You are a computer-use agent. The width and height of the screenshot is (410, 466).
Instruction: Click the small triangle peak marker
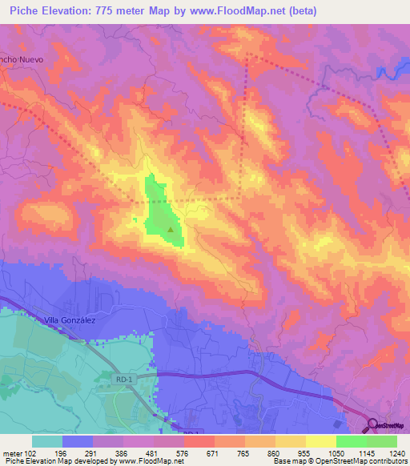click(x=171, y=229)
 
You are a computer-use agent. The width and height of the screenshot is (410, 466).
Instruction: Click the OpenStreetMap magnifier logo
click(x=374, y=425)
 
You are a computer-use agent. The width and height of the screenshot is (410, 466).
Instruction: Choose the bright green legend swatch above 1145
click(x=352, y=441)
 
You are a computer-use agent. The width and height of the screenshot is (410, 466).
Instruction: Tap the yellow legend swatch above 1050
click(x=321, y=441)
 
